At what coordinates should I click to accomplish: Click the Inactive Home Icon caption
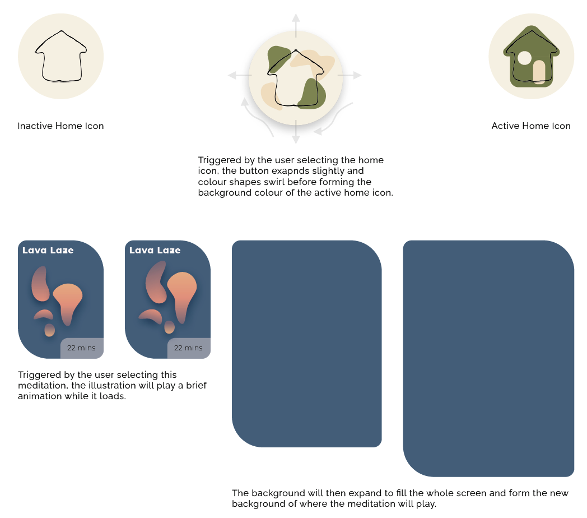pos(60,126)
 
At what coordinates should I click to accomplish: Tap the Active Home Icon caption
pos(531,126)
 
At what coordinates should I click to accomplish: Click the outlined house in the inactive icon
pos(61,56)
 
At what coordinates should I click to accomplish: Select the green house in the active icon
pos(531,56)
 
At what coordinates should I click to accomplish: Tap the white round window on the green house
pos(524,58)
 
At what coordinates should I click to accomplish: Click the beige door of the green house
pos(539,72)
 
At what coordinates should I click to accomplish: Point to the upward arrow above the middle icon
pos(296,25)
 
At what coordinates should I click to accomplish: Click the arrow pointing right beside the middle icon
pos(350,75)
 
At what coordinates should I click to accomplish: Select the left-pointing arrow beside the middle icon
pos(240,75)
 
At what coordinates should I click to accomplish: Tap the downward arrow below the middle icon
pos(296,132)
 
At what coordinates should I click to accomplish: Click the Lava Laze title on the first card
pos(48,251)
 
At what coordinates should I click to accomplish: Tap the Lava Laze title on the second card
pos(155,251)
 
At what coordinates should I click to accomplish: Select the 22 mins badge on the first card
pos(82,348)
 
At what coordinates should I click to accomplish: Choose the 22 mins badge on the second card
pos(189,348)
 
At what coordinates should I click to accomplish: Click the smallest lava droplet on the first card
pos(49,330)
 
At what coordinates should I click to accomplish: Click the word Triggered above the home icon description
pos(220,160)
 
